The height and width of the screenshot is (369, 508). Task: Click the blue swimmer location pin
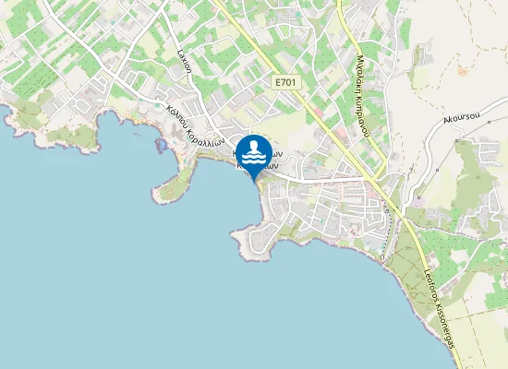click(253, 153)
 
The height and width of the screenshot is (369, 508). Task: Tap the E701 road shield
click(287, 83)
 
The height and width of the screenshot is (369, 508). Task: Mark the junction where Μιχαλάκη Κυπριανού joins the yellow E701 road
click(380, 175)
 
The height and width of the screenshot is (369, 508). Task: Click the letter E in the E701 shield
click(279, 83)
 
